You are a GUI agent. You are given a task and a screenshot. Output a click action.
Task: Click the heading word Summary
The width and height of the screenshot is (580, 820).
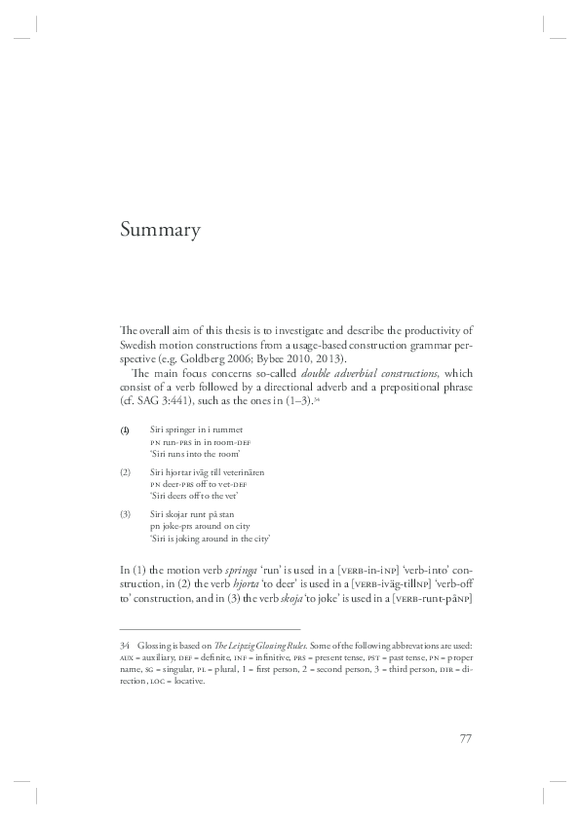(x=161, y=231)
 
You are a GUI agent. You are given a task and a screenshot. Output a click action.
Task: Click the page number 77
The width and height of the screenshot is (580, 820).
(x=465, y=737)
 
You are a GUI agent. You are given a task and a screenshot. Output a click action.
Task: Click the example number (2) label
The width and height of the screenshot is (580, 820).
(x=125, y=471)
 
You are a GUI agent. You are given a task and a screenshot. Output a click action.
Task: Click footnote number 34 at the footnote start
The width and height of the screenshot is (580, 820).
(x=125, y=647)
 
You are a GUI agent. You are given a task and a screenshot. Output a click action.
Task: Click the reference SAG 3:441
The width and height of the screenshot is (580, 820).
(x=157, y=387)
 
